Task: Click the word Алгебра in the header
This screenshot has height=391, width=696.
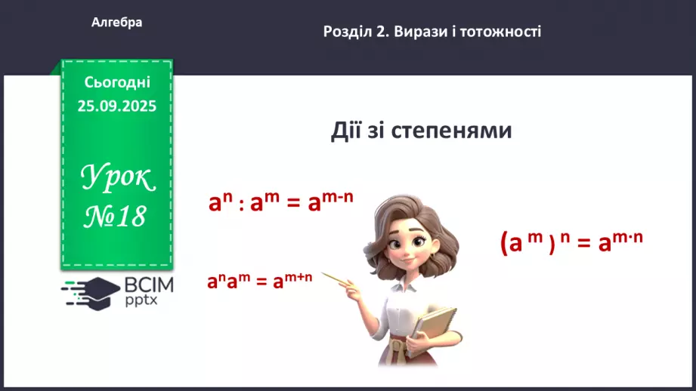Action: click(116, 23)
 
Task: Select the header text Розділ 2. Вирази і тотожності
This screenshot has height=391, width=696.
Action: click(432, 32)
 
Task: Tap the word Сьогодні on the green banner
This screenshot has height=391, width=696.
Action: click(117, 82)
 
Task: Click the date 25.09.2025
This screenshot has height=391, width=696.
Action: click(117, 106)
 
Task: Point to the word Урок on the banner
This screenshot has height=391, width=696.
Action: click(117, 180)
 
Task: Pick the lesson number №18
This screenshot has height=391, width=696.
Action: click(114, 217)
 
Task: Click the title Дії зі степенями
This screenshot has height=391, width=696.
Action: click(421, 131)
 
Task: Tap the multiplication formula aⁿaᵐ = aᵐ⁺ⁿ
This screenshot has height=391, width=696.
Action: click(260, 282)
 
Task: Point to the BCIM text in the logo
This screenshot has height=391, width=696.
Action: click(149, 285)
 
